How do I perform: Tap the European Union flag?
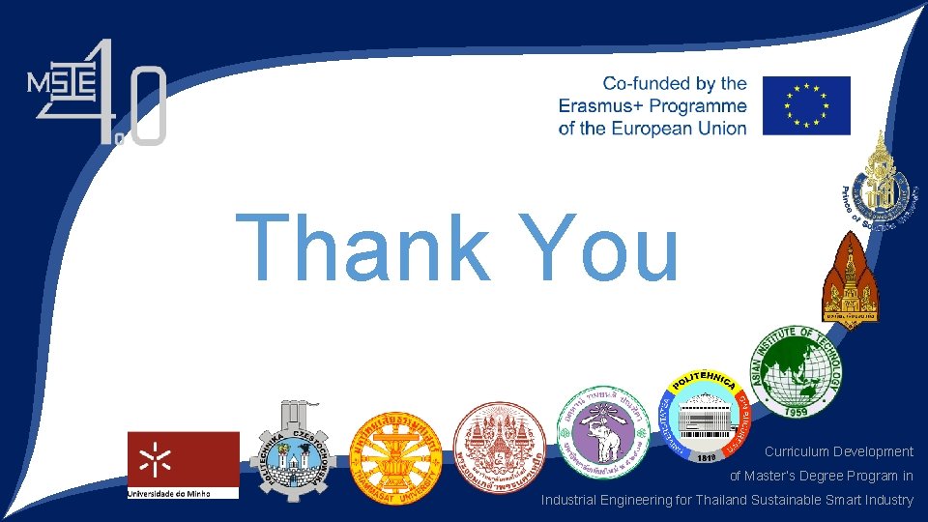click(x=806, y=105)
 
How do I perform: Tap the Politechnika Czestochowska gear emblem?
click(x=289, y=447)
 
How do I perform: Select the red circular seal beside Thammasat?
click(x=500, y=449)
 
